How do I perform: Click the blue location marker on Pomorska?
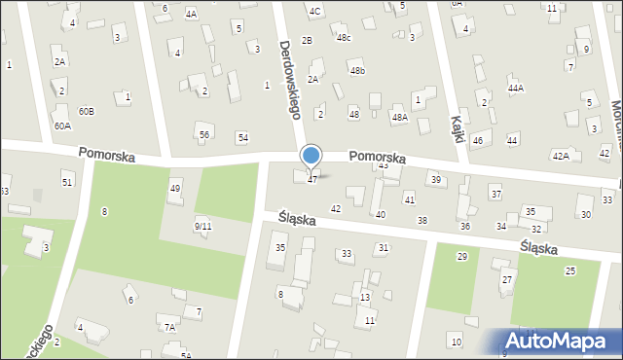[x=311, y=155]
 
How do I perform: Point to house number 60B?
[x=87, y=111]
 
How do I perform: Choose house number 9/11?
[x=202, y=226]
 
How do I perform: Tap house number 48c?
[x=344, y=38]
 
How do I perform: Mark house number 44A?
[x=516, y=88]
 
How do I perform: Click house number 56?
[x=203, y=134]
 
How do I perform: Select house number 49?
[x=175, y=188]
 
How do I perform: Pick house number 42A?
[x=561, y=155]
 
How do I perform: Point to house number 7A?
[x=169, y=328]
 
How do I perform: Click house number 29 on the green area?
[x=461, y=256]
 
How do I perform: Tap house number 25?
[x=569, y=270]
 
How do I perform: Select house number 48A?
[x=399, y=117]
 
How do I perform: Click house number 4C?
[x=314, y=11]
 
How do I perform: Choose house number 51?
[x=67, y=182]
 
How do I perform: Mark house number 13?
[x=365, y=297]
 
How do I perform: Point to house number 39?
[x=436, y=179]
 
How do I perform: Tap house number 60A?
[x=62, y=126]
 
